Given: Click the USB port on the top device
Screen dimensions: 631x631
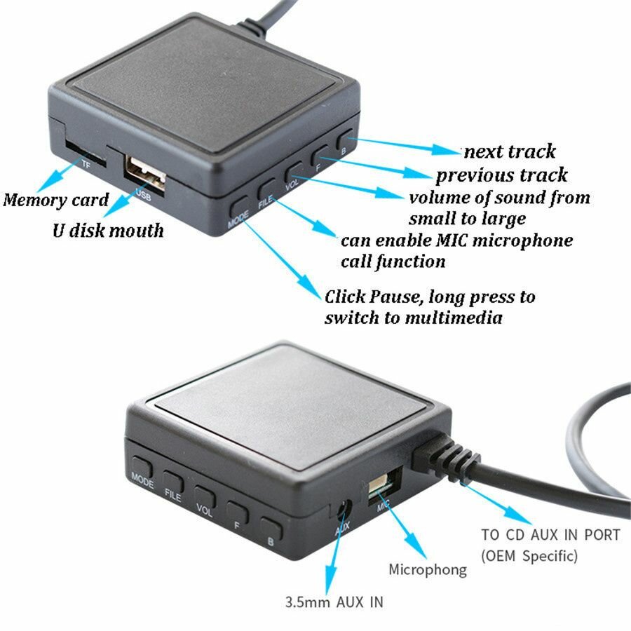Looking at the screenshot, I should (x=145, y=170).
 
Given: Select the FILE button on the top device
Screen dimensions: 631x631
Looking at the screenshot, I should (x=266, y=190).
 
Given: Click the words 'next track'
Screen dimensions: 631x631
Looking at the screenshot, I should (x=509, y=151).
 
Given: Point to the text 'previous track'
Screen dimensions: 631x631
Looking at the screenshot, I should (x=501, y=175).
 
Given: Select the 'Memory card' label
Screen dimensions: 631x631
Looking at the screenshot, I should (x=56, y=200).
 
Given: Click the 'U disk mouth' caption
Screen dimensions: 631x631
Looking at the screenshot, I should (x=108, y=230).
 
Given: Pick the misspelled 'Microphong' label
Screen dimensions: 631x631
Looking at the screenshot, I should (x=428, y=569).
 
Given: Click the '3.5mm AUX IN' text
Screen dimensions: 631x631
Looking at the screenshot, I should (x=334, y=602).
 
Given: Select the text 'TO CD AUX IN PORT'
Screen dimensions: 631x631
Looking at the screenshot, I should (x=550, y=535).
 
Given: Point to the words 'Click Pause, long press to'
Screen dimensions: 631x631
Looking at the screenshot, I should (x=430, y=297).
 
